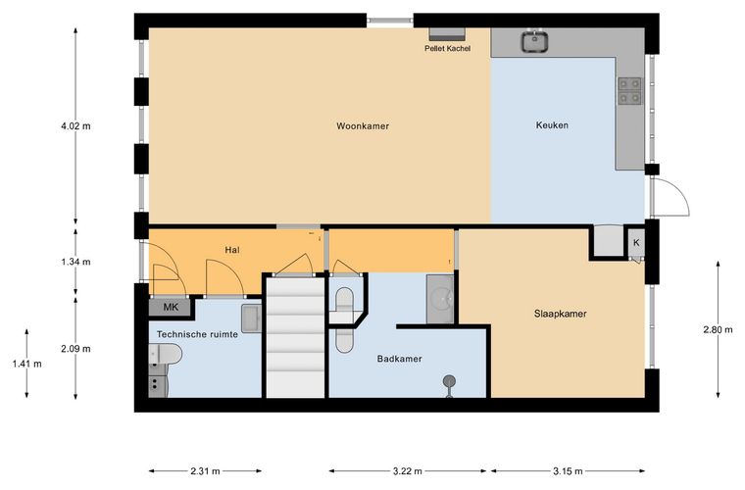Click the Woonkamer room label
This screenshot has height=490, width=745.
[x=363, y=126]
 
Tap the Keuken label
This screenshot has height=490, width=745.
[x=552, y=125]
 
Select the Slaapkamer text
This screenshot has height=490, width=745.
[x=560, y=314]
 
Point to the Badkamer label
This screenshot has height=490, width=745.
[x=400, y=359]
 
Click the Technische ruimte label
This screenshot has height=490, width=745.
[x=197, y=334]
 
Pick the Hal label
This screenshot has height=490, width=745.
[x=232, y=250]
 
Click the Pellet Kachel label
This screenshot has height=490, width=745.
[x=448, y=48]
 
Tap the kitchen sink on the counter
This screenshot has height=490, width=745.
[x=535, y=41]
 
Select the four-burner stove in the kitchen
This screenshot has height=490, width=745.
[x=629, y=91]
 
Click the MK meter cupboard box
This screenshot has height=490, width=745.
[x=171, y=307]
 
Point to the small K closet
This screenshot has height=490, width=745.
[x=636, y=243]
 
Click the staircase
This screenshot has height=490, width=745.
[x=295, y=337]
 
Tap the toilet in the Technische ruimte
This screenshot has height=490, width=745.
[x=166, y=355]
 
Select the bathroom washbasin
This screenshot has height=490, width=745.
[x=440, y=299]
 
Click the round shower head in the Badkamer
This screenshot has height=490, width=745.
[x=450, y=381]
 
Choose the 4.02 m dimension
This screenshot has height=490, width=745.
[x=75, y=126]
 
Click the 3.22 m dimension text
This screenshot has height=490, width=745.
[x=407, y=471]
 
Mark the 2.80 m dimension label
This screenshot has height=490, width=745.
[x=718, y=329]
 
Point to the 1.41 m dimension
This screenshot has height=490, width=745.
[x=26, y=365]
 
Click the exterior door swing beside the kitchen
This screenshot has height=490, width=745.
[x=671, y=197]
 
